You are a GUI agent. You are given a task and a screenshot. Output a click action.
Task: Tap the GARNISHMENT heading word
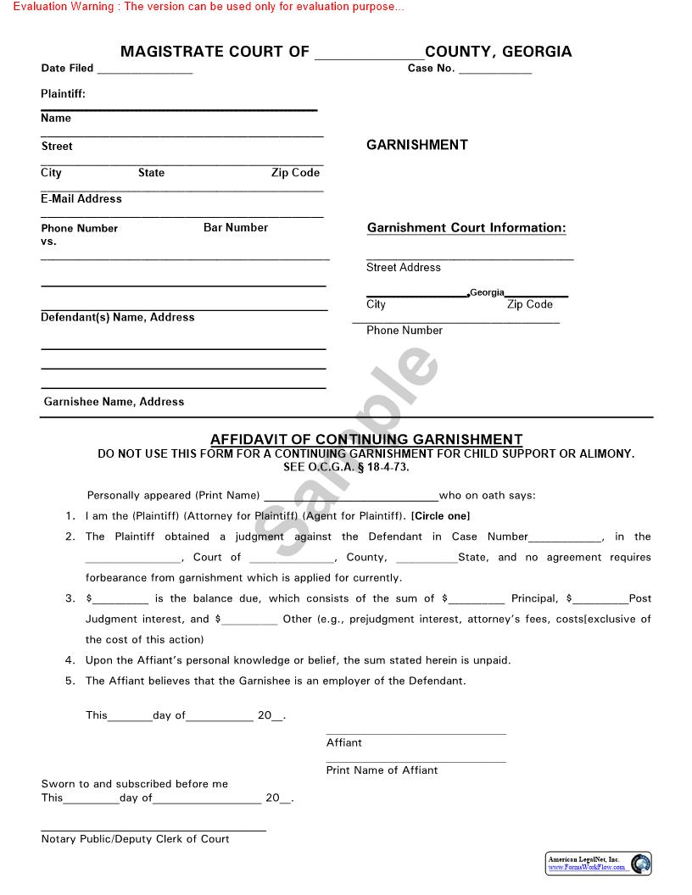click(416, 145)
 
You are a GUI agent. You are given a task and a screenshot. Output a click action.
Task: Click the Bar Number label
click(236, 227)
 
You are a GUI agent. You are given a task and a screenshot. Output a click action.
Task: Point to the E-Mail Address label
click(81, 198)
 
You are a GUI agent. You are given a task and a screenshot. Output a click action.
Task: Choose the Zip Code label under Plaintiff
click(295, 172)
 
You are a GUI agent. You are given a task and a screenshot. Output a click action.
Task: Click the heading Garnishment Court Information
click(466, 227)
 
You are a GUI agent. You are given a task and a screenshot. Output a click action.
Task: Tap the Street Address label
click(404, 267)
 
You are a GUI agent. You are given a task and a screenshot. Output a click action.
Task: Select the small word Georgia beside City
click(487, 292)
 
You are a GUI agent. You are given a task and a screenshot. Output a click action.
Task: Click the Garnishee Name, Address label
click(114, 402)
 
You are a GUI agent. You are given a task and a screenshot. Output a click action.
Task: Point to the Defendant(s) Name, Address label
click(118, 317)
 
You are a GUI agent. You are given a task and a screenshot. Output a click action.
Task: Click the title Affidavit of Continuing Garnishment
click(366, 439)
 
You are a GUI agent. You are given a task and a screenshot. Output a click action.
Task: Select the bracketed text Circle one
click(440, 516)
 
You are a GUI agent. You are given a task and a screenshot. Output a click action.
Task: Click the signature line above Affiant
click(416, 734)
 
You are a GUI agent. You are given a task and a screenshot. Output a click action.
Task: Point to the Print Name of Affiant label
click(382, 770)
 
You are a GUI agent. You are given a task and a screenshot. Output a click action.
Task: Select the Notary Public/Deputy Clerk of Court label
click(136, 839)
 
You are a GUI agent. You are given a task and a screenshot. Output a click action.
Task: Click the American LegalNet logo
click(599, 864)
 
